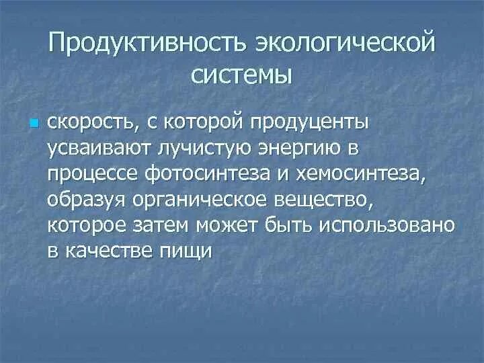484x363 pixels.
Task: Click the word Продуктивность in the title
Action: (148, 45)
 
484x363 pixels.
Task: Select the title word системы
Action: (242, 74)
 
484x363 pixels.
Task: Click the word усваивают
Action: (93, 149)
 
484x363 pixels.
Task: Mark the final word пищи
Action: (191, 250)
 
